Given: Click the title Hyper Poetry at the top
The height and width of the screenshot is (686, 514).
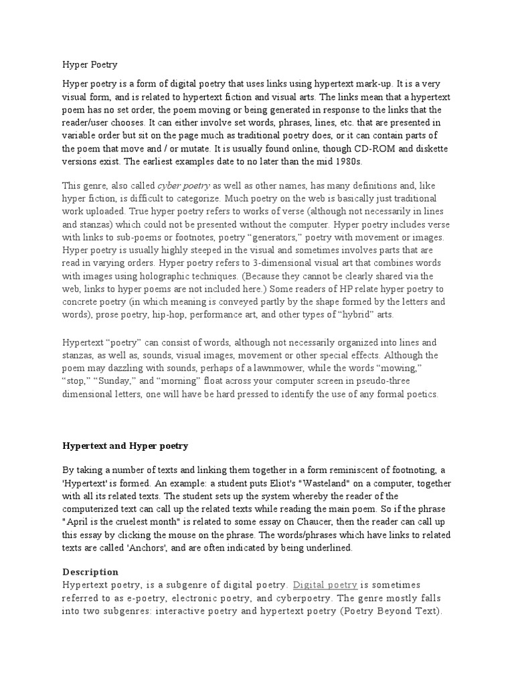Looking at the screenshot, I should point(90,65).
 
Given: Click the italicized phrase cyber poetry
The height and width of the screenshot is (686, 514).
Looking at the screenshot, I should point(183,186).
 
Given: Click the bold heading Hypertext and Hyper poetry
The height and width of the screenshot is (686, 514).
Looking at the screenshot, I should point(125,445).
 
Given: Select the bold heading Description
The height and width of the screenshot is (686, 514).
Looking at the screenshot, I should point(90,571).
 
